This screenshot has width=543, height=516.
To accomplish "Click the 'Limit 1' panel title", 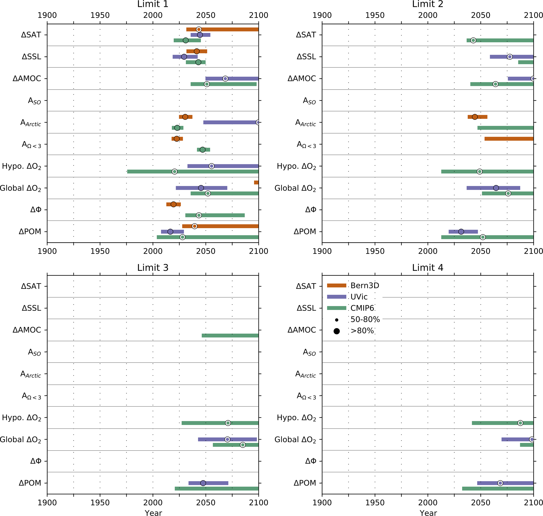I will tap(153, 4).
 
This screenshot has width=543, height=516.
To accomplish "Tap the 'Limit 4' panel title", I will tap(427, 268).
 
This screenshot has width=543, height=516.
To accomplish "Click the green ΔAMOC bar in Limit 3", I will tap(230, 336).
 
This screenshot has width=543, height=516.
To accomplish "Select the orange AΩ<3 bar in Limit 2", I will tap(509, 139).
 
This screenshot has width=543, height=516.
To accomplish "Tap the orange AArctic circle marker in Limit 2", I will tap(475, 117).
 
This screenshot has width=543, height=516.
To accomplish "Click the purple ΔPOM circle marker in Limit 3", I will tap(203, 483).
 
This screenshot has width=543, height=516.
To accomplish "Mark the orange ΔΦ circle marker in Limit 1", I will tap(173, 204).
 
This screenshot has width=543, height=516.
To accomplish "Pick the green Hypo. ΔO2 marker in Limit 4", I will tap(520, 423).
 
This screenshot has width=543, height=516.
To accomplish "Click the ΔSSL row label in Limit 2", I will tap(306, 57).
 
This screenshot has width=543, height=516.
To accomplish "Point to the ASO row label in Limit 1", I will tap(34, 101).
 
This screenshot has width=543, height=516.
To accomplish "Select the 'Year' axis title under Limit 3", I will tap(153, 512).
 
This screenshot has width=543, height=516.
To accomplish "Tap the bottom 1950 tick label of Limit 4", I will tap(375, 503).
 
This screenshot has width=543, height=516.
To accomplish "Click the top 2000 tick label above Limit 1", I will tap(153, 15).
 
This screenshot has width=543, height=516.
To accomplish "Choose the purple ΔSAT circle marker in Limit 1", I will tap(200, 35).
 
